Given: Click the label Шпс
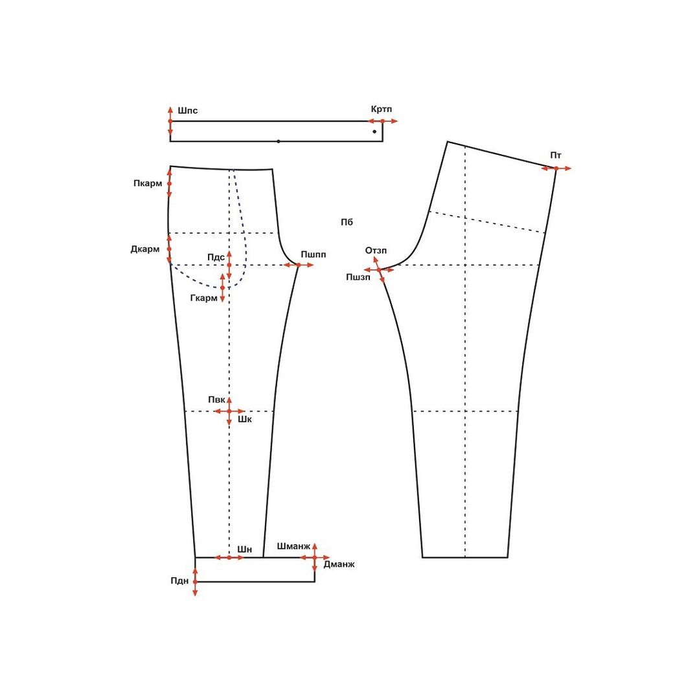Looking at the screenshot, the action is point(188,111).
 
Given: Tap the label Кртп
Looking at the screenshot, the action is point(382,109).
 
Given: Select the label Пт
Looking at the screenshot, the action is point(556,155).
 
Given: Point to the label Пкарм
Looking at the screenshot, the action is point(148,184).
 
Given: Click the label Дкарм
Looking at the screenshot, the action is point(145,249).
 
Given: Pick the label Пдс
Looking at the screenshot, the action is point(216,257).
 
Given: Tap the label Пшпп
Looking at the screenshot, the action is point(313,255).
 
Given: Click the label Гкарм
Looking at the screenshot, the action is point(204,299).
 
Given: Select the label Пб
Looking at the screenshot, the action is point(347,222).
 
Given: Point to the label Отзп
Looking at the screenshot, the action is point(376,251).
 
